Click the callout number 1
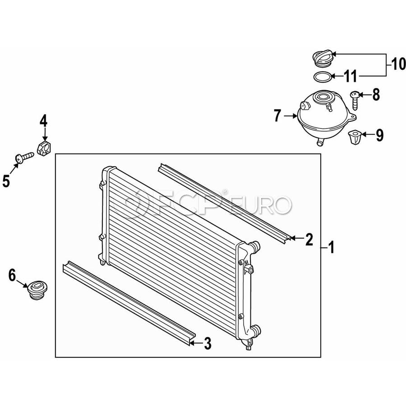pyautogui.click(x=332, y=247)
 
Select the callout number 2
pyautogui.click(x=309, y=239)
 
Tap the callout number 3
pyautogui.click(x=208, y=343)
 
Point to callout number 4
pyautogui.click(x=43, y=121)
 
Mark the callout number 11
pyautogui.click(x=351, y=76)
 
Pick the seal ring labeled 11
pyautogui.click(x=322, y=77)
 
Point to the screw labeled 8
pyautogui.click(x=355, y=101)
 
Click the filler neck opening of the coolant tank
pyautogui.click(x=323, y=97)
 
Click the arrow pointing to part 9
pyautogui.click(x=368, y=134)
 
